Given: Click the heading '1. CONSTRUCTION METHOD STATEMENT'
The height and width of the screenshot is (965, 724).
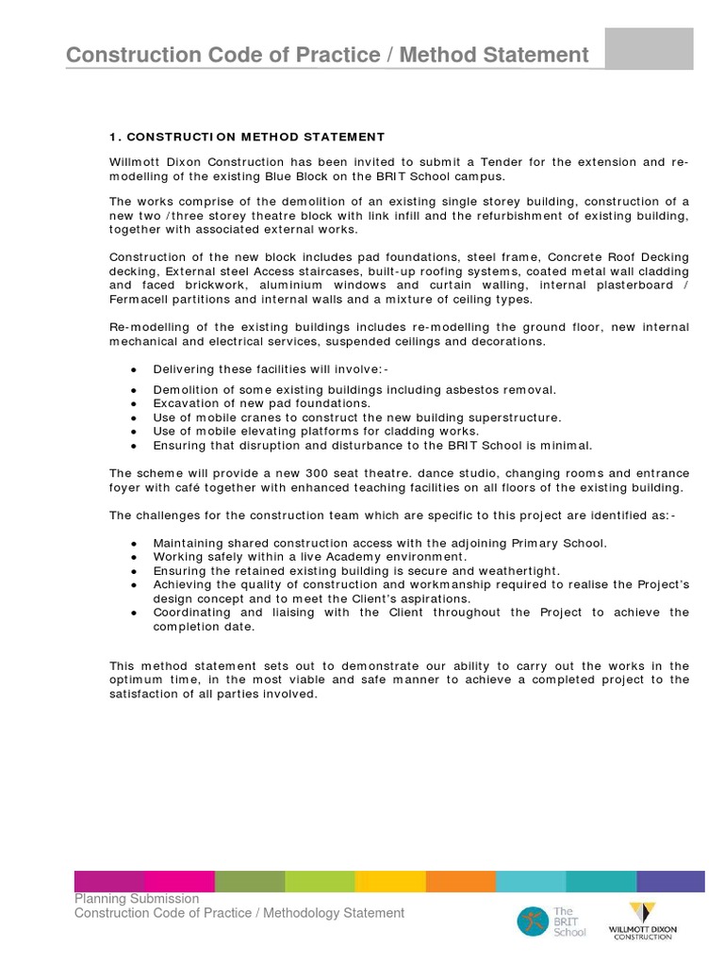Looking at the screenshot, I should pos(247,137).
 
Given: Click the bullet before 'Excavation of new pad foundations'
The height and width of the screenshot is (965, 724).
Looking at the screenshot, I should pos(134,404).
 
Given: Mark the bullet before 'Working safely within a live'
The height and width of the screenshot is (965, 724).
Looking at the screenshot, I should pos(134,558).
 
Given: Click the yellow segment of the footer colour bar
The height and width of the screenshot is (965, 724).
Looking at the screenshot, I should pos(390,881).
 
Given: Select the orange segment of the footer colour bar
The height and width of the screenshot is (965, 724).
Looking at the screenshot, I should pos(460,881).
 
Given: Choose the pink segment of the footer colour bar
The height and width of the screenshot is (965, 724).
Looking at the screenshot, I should pos(180,881).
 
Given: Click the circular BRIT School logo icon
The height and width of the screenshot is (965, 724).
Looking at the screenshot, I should pos(532,921).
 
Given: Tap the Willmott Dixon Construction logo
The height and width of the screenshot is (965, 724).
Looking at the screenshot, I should pos(643,921).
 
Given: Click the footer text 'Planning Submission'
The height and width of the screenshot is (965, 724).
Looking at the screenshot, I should pos(137,899).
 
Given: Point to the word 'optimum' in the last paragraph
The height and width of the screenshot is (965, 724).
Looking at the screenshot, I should pos(137,679).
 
